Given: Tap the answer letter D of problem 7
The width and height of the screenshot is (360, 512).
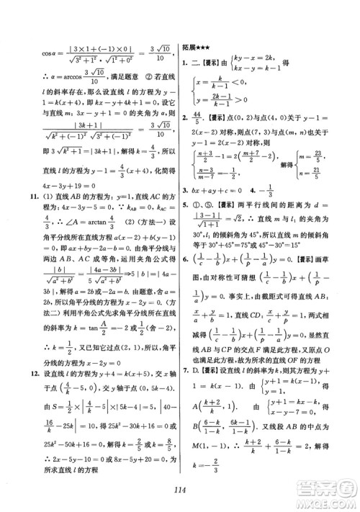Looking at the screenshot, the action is pos(201,369).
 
